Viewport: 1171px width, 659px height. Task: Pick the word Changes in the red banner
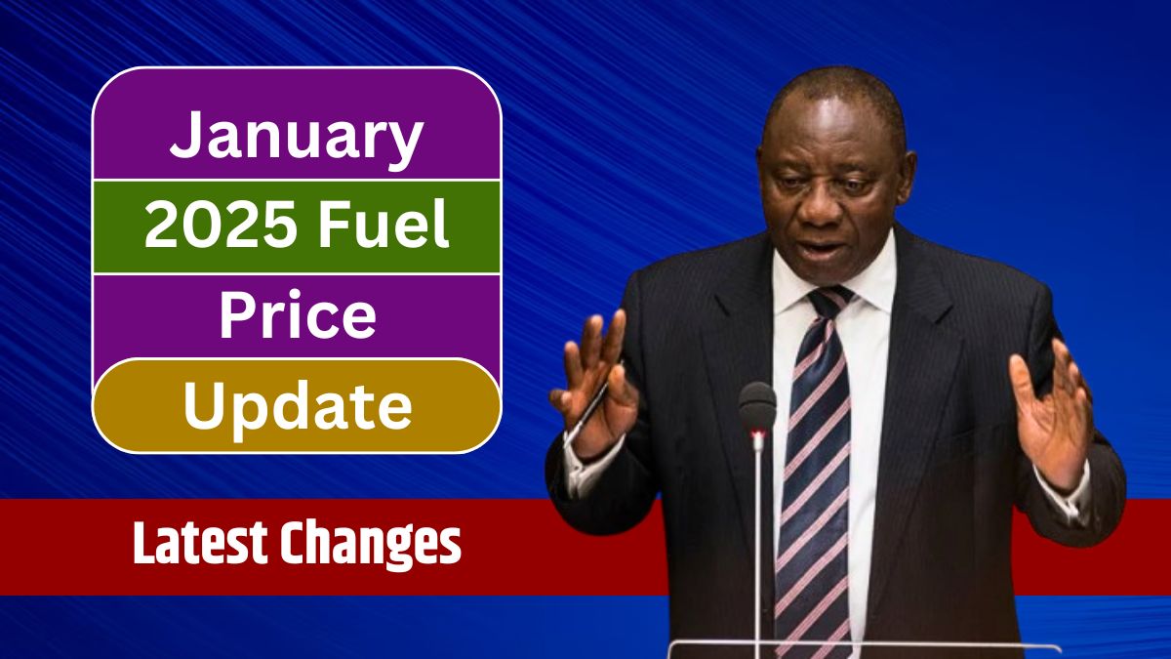(375, 546)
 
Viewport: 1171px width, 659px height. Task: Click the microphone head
(756, 406)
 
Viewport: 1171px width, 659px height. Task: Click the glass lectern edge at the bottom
(859, 646)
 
